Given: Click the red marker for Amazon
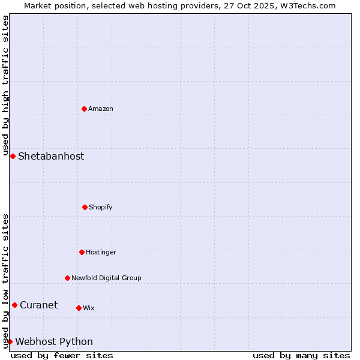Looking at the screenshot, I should (x=85, y=109).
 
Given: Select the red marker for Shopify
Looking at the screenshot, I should (x=85, y=207).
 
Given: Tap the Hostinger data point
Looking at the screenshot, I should (x=82, y=252).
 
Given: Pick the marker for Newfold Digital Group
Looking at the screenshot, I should (x=67, y=278).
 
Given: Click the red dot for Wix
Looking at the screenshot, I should (x=79, y=308).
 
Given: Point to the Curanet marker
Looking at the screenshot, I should (x=14, y=305).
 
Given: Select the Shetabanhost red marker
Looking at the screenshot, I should (x=13, y=156).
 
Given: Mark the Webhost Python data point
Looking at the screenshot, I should (x=10, y=341).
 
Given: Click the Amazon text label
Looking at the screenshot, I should (x=101, y=109).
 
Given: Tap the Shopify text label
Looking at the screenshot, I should (x=101, y=207).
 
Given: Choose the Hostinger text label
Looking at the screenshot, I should (x=101, y=252).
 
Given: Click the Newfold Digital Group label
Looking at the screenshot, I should (x=106, y=278).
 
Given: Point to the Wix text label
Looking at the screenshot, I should (x=89, y=308).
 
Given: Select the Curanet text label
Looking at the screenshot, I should (x=38, y=305).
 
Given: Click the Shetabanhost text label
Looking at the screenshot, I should (x=51, y=156).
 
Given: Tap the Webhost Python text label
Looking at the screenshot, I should (x=54, y=341).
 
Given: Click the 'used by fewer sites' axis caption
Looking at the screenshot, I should (x=62, y=355).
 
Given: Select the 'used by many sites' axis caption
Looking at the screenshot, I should (x=301, y=355).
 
